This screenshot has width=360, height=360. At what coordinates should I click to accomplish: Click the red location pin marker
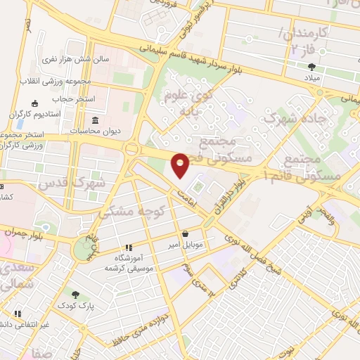click(x=181, y=165)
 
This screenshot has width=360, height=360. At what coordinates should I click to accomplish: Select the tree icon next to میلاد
click(x=311, y=67)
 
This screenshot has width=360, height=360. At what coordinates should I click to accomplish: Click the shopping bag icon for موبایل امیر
click(x=185, y=234)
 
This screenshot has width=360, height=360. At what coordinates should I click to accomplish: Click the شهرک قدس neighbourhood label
click(x=101, y=179)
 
